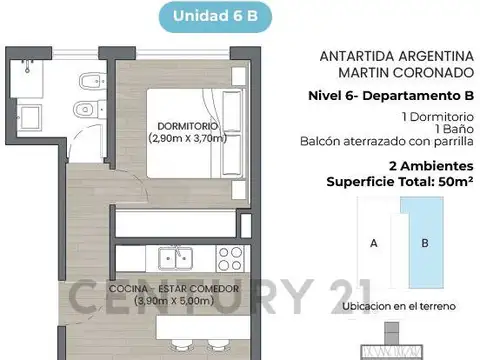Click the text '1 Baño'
[x=447, y=127]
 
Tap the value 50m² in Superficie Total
[x=453, y=182]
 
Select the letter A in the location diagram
[x=373, y=242]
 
